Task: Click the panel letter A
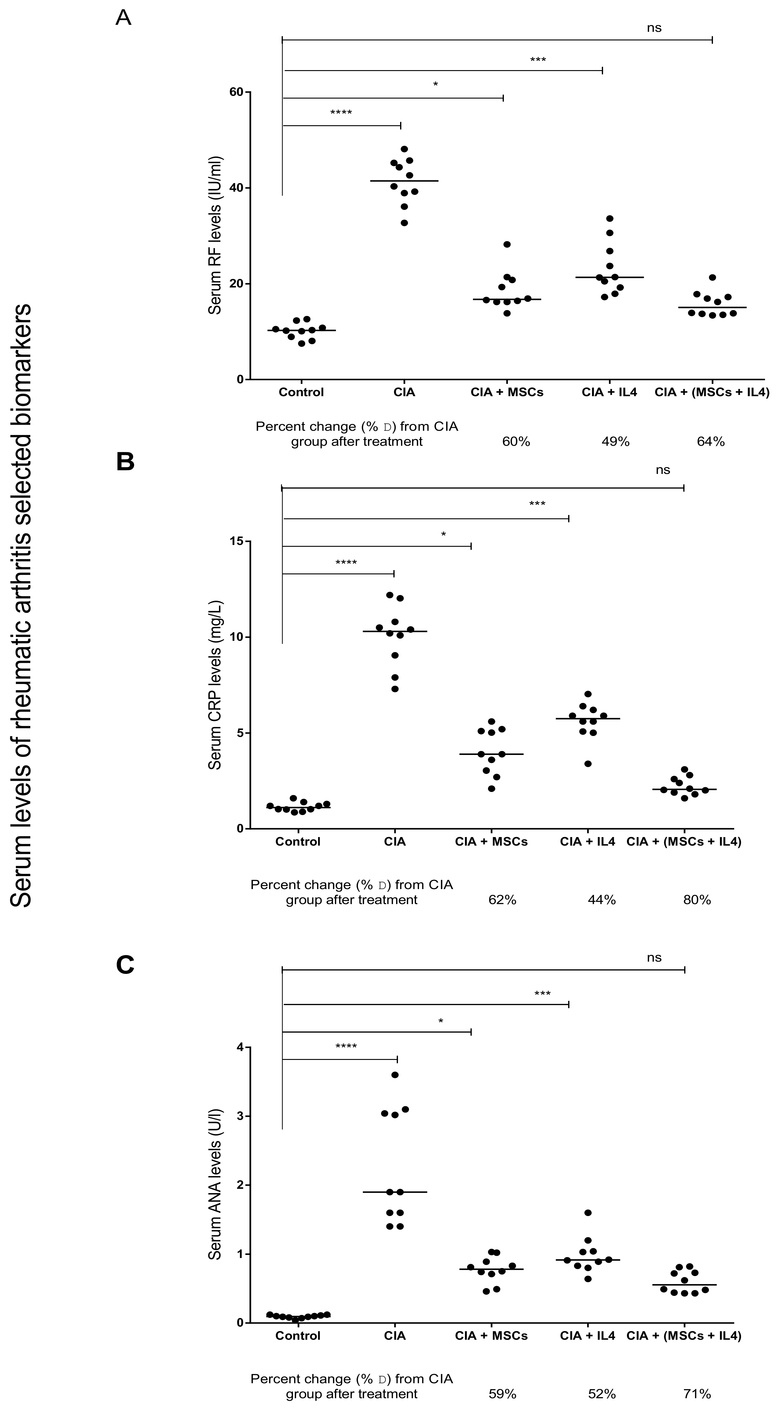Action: [x=123, y=18]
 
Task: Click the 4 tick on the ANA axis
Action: [x=239, y=1047]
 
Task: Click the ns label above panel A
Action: [x=654, y=28]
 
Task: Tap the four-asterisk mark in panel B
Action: [x=346, y=563]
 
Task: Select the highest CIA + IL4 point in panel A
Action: [x=609, y=219]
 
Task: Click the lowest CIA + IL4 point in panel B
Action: [x=588, y=764]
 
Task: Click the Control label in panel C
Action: [x=298, y=1336]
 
